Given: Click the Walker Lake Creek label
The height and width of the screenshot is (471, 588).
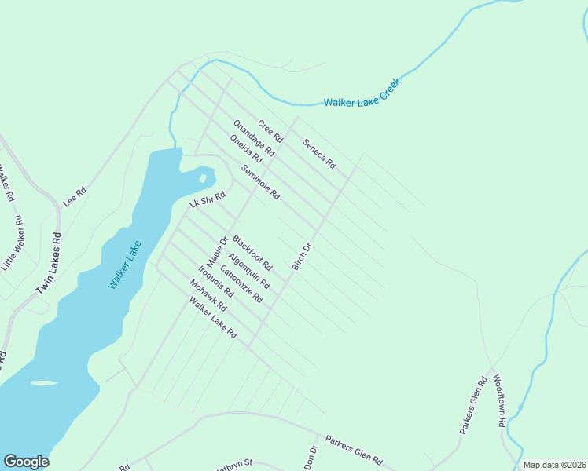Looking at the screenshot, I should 362,93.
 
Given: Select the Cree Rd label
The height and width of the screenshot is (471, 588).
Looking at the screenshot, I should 270,130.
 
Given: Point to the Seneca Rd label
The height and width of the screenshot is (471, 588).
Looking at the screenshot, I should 319,154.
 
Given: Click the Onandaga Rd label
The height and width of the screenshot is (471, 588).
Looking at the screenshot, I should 253,137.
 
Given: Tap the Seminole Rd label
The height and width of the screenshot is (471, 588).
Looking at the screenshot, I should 261,183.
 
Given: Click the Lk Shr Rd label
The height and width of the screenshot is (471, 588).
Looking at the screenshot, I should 208,200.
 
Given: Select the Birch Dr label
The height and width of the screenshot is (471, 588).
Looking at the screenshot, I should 302,257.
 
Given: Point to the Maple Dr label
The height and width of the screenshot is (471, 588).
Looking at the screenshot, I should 217,251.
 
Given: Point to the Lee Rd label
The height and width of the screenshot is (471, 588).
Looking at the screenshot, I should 74,195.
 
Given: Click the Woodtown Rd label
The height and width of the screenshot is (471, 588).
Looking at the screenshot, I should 499,400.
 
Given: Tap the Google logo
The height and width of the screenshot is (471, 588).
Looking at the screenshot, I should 26,462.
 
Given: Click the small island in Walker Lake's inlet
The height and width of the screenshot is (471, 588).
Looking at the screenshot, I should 204,178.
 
